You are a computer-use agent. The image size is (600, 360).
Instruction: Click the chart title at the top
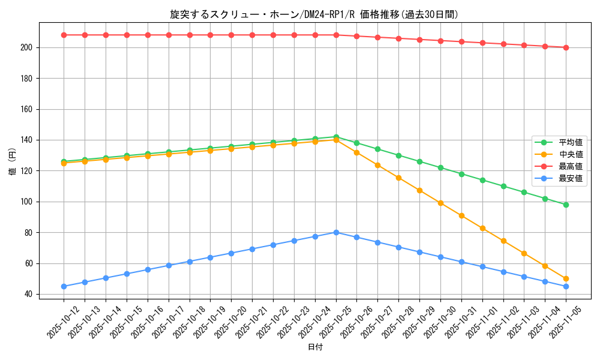click(x=314, y=14)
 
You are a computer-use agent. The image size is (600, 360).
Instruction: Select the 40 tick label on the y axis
click(x=29, y=294)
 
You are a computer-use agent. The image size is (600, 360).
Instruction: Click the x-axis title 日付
click(x=314, y=347)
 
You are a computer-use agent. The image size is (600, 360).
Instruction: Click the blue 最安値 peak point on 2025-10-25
click(x=336, y=232)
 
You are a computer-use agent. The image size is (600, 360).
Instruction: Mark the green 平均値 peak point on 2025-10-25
click(x=336, y=137)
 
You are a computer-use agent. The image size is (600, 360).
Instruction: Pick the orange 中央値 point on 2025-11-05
click(x=566, y=278)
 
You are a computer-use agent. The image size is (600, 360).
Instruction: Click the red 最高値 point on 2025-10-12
click(x=64, y=35)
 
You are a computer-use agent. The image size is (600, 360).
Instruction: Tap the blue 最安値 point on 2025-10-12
click(x=64, y=286)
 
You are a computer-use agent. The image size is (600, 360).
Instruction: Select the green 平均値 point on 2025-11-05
click(x=566, y=205)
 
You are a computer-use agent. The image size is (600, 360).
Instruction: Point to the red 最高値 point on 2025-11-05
click(x=566, y=47)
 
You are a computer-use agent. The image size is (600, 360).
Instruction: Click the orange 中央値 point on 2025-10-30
click(x=440, y=203)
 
